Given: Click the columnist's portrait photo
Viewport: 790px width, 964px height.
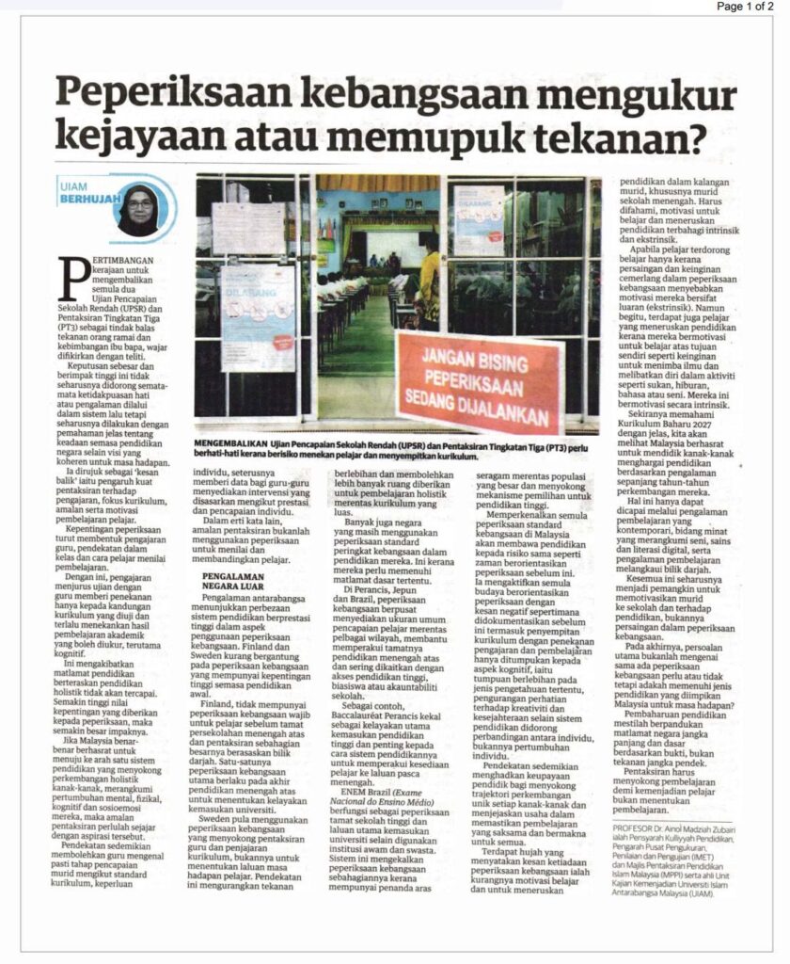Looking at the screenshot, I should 138,208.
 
